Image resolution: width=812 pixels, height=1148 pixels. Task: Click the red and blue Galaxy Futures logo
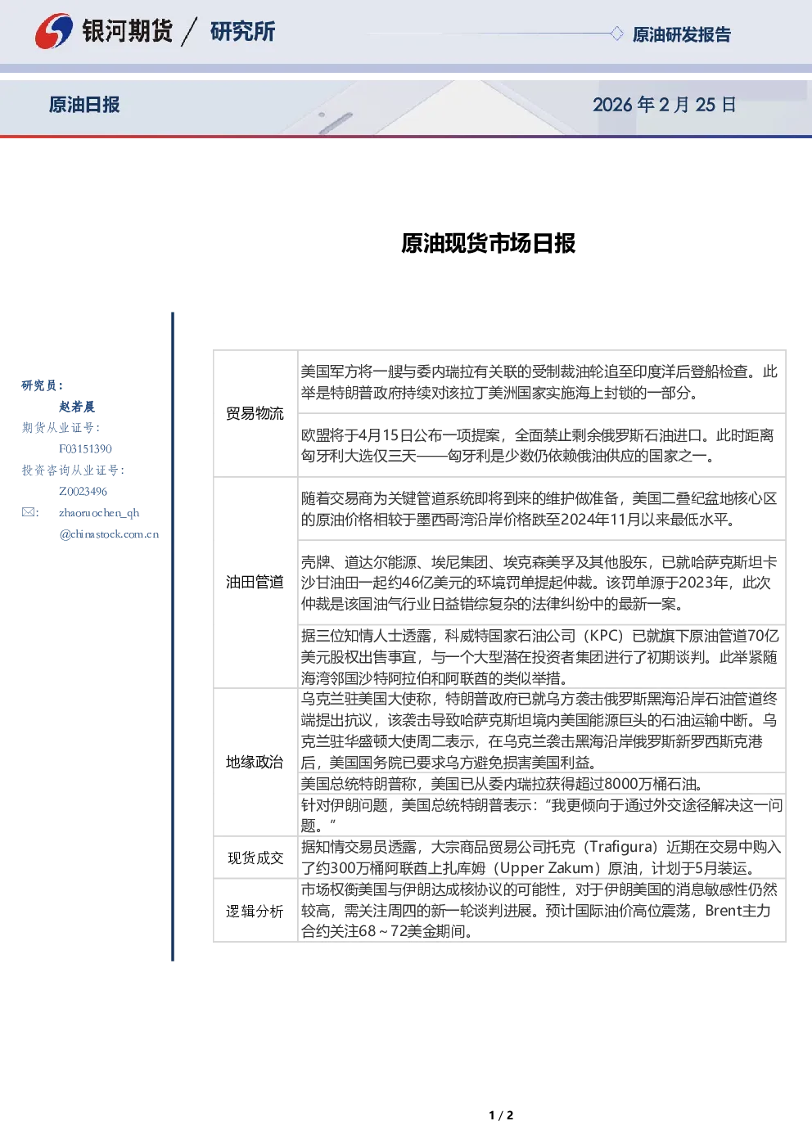[x=53, y=31]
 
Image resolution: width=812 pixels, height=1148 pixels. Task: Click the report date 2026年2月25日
[x=665, y=105]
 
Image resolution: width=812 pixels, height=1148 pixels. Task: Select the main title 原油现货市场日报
[x=488, y=243]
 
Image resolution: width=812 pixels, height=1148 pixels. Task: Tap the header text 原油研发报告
[x=681, y=34]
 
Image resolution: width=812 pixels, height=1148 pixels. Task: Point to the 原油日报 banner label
[x=84, y=105]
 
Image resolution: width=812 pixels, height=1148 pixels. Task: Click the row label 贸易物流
[x=255, y=413]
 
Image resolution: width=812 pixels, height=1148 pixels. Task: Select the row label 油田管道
[x=255, y=582]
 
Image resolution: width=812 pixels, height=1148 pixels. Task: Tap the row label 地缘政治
[x=255, y=762]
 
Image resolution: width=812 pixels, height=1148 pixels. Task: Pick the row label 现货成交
[x=255, y=858]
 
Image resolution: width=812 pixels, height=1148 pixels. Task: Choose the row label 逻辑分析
[x=255, y=911]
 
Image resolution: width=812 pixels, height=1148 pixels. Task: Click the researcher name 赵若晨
[x=77, y=407]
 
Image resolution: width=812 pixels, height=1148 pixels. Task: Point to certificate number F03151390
[x=85, y=449]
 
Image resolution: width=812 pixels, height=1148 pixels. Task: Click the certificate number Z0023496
[x=83, y=492]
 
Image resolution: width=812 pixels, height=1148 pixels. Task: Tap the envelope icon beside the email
[x=29, y=512]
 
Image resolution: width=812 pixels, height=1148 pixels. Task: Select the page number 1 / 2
[x=501, y=1114]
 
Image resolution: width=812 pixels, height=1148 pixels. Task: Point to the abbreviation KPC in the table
[x=606, y=636]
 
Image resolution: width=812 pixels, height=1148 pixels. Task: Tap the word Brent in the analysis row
[x=724, y=910]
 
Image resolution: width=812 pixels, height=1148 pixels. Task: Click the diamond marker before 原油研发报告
[x=616, y=34]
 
